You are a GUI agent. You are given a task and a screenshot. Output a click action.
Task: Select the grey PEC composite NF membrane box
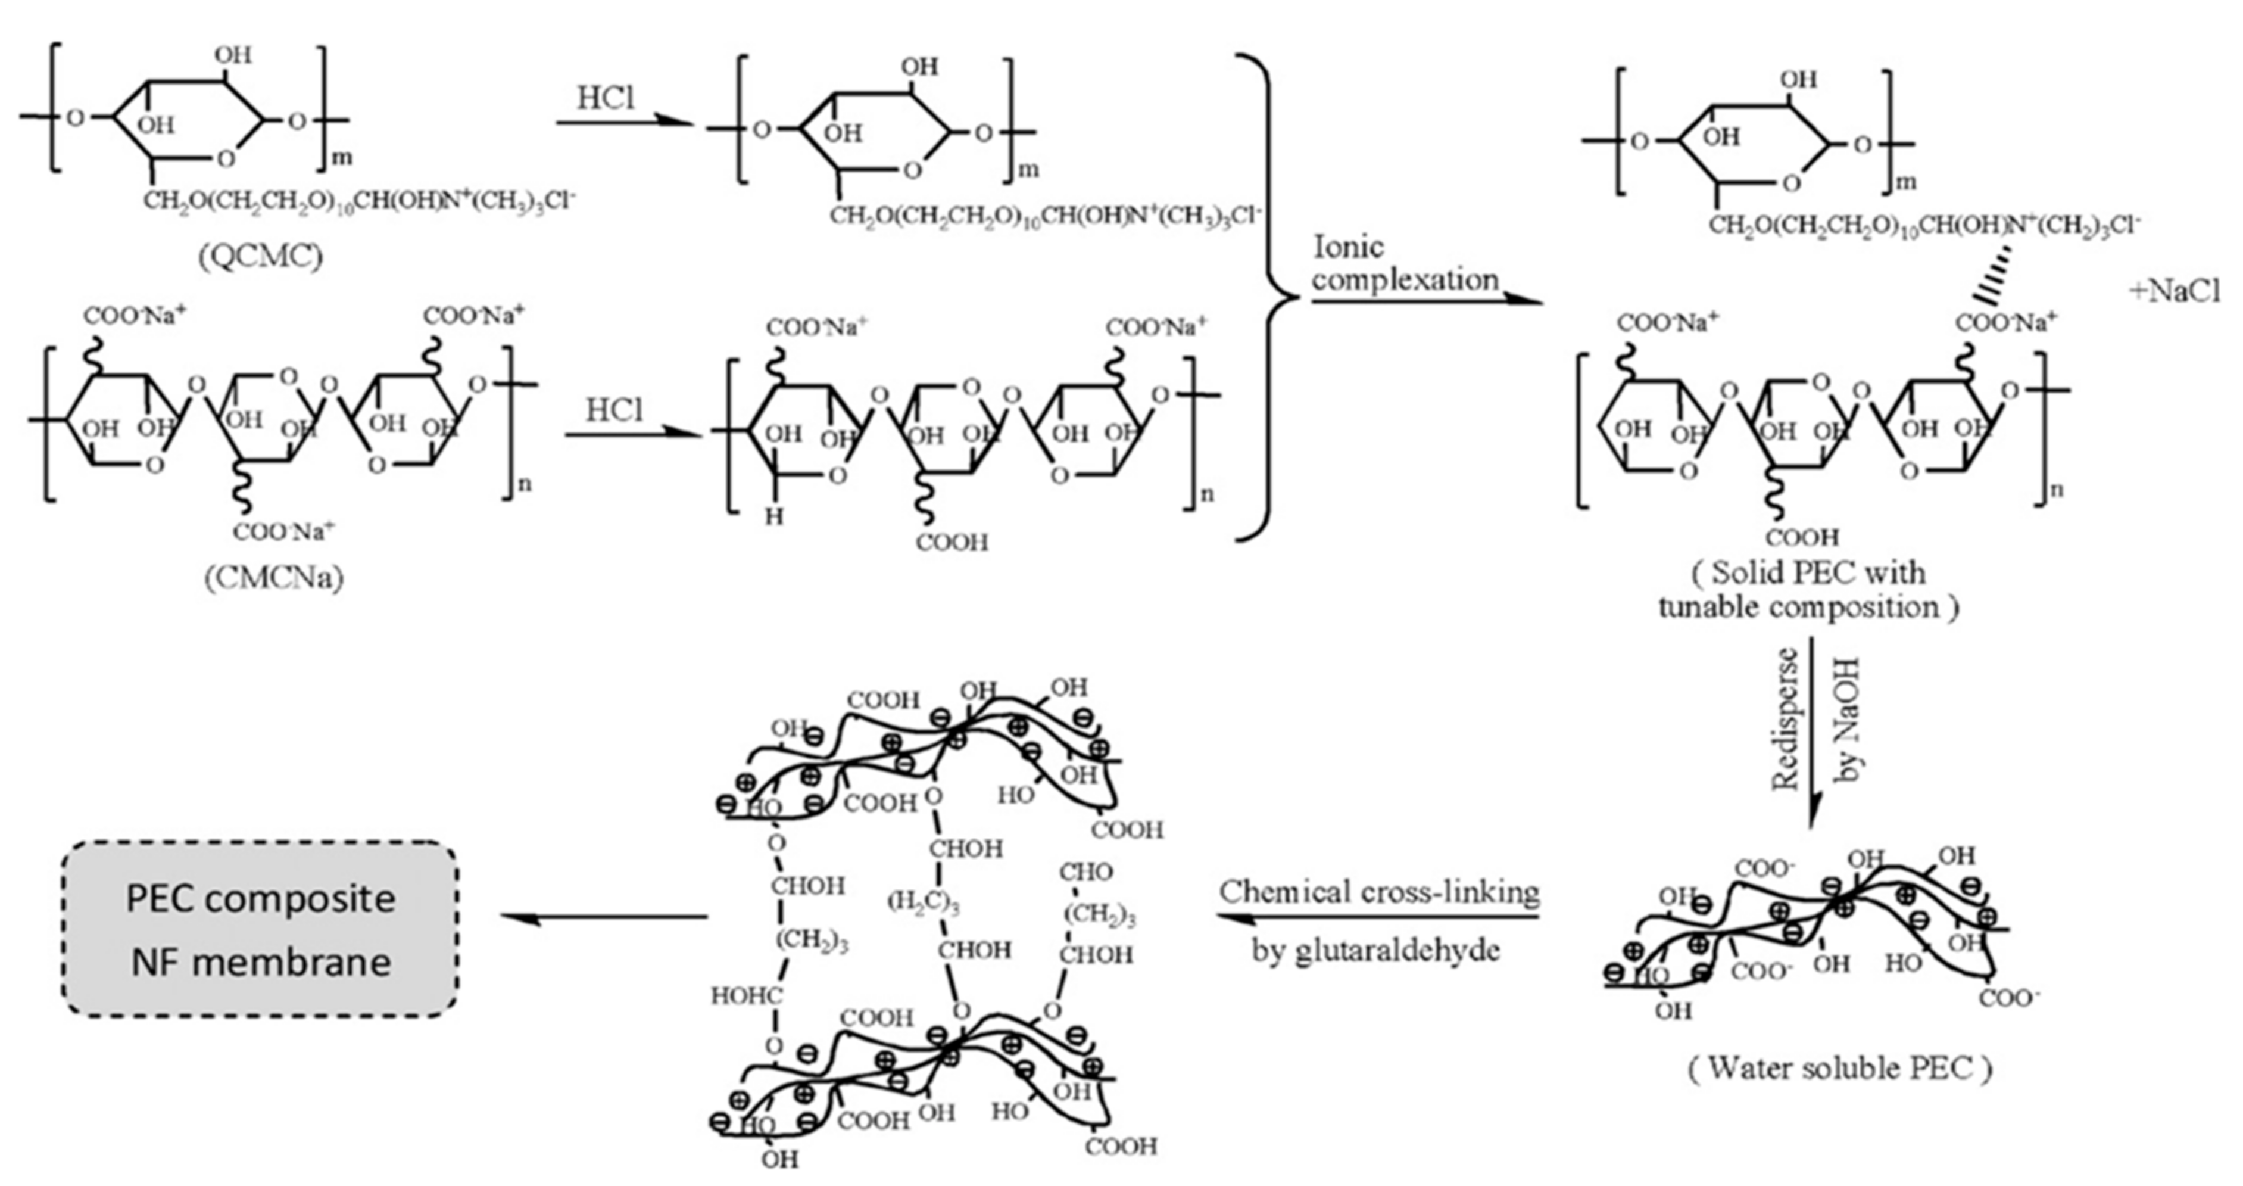pyautogui.click(x=260, y=929)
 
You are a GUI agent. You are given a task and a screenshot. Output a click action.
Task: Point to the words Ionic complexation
pyautogui.click(x=1405, y=264)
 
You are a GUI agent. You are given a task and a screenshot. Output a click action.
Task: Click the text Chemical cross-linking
pyautogui.click(x=1378, y=892)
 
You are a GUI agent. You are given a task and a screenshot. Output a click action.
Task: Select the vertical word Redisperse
pyautogui.click(x=1787, y=718)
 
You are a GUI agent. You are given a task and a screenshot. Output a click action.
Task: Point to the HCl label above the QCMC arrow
pyautogui.click(x=606, y=98)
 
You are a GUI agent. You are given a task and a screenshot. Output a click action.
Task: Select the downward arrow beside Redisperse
pyautogui.click(x=1814, y=731)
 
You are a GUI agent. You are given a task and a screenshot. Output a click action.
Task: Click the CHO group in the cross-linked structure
pyautogui.click(x=1085, y=871)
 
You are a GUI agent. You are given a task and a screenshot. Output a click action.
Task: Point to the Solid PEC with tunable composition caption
pyautogui.click(x=1808, y=590)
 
